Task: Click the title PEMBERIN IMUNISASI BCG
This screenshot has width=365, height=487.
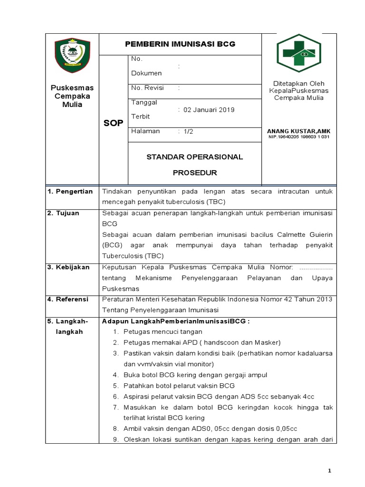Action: coord(180,44)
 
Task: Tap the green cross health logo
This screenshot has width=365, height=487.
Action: coord(299,53)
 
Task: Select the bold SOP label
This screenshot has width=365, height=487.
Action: coord(113,123)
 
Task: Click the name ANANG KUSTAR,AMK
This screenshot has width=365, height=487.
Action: coord(299,131)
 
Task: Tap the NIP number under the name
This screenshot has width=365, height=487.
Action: coord(299,137)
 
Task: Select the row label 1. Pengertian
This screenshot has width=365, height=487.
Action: coord(69,191)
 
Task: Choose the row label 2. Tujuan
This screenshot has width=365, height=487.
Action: coord(63,214)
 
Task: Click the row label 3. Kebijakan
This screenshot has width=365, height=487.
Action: coord(69,267)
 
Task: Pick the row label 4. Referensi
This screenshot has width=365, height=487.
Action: coord(68,299)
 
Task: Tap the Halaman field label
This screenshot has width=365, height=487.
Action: coord(145,131)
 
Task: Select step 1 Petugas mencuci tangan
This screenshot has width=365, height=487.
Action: coord(163,331)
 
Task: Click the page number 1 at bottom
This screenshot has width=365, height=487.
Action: coord(329,470)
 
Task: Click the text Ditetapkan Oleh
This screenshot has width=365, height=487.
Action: coord(298,83)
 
